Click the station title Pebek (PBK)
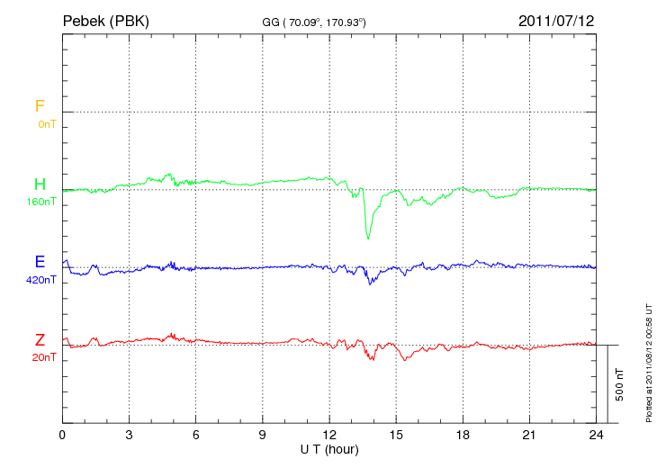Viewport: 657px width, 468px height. [106, 20]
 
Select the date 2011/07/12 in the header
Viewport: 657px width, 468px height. [556, 20]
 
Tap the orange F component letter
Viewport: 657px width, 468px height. [40, 106]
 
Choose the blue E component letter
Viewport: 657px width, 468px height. [40, 262]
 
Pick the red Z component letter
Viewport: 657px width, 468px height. [40, 340]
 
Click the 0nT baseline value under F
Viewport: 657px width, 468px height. [46, 124]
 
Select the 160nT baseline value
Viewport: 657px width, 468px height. [42, 202]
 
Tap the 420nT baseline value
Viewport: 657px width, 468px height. [42, 280]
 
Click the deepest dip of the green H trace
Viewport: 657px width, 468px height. [368, 237]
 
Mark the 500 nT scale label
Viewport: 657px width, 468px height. [620, 384]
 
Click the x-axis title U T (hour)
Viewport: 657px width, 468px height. [329, 449]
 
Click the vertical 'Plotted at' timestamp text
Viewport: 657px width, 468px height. [648, 360]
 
